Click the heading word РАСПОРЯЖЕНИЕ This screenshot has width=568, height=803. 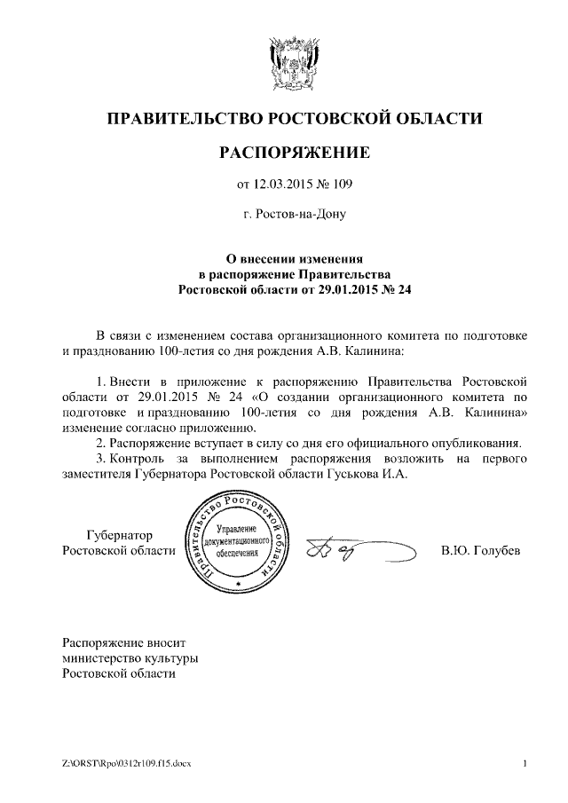[294, 153]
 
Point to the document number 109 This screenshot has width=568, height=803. [343, 185]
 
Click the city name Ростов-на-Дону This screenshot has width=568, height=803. [294, 214]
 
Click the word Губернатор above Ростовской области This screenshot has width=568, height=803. [119, 536]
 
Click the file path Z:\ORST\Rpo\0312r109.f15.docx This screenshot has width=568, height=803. [133, 764]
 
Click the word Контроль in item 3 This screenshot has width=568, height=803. [143, 459]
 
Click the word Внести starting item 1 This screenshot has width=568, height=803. [130, 381]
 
